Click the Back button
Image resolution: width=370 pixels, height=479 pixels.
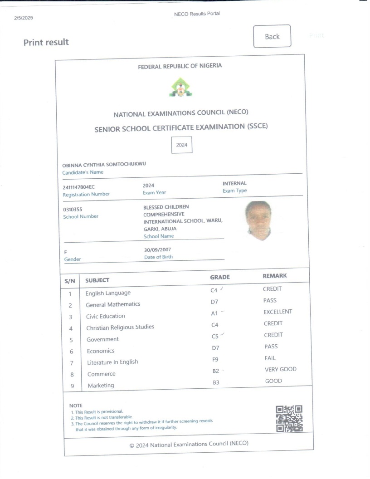click(272, 36)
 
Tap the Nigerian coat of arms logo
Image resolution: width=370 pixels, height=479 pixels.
click(180, 87)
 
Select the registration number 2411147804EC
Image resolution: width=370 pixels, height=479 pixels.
click(79, 187)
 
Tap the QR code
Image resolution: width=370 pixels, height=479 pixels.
click(289, 418)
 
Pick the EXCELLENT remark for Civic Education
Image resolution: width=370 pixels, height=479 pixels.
click(277, 312)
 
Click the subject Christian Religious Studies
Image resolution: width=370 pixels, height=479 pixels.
click(120, 327)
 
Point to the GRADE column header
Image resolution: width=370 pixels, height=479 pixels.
click(220, 277)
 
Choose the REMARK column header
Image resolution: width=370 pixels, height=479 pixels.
click(275, 276)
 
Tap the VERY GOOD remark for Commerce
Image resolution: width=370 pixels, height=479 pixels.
click(280, 370)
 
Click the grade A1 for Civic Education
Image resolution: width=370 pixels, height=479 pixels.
click(215, 313)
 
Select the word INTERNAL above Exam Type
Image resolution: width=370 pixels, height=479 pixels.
click(234, 183)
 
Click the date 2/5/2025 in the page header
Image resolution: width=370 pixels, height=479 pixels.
click(24, 18)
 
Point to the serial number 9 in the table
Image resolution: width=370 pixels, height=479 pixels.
click(71, 386)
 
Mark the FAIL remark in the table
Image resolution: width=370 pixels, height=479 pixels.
click(270, 358)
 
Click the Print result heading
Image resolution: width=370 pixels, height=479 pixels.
click(46, 42)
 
